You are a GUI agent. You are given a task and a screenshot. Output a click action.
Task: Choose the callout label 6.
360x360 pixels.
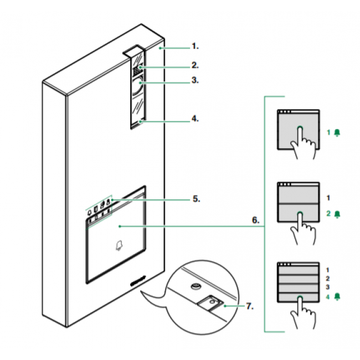point(254,220)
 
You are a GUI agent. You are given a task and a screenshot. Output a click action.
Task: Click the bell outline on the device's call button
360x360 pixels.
point(118,245)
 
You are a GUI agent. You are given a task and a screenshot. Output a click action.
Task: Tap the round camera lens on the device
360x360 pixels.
point(137,85)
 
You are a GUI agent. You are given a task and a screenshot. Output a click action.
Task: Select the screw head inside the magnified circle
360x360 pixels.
point(196,286)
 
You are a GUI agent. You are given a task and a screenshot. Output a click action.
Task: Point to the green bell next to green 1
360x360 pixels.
point(337,133)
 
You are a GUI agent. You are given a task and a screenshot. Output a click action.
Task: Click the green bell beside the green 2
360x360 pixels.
point(337,212)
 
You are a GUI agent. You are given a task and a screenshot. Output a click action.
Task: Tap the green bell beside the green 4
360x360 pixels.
point(337,297)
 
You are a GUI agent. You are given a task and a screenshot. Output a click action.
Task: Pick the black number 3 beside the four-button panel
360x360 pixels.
point(328,288)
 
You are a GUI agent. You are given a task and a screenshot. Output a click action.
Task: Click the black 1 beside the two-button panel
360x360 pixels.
point(328,197)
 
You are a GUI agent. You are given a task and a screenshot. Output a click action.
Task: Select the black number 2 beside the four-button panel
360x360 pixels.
point(328,279)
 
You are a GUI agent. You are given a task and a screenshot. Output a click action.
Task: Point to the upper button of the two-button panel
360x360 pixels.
point(298,194)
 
